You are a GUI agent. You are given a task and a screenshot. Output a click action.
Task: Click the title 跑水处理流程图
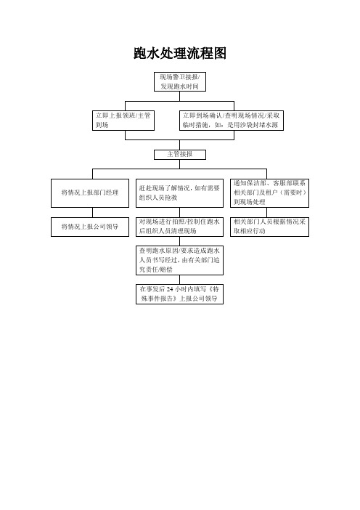pyautogui.click(x=180, y=53)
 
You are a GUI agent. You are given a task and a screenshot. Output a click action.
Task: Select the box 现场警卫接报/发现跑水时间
pyautogui.click(x=180, y=81)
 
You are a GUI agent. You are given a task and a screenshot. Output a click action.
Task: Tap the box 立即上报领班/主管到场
pyautogui.click(x=123, y=121)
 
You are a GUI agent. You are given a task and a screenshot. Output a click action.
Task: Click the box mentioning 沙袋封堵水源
pyautogui.click(x=232, y=121)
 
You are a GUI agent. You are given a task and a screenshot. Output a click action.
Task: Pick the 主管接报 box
pyautogui.click(x=180, y=154)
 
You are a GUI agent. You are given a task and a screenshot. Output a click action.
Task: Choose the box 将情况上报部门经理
pyautogui.click(x=90, y=193)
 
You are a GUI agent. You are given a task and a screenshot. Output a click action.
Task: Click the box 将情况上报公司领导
pyautogui.click(x=90, y=227)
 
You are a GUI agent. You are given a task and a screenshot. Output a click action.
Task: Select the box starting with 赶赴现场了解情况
pyautogui.click(x=180, y=193)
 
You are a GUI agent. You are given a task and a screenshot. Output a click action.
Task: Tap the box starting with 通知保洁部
pyautogui.click(x=269, y=193)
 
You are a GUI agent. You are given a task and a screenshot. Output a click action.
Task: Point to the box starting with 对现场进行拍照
pyautogui.click(x=180, y=227)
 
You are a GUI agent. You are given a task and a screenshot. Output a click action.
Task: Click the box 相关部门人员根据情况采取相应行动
pyautogui.click(x=269, y=227)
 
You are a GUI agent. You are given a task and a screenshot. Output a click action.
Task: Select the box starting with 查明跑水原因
pyautogui.click(x=180, y=260)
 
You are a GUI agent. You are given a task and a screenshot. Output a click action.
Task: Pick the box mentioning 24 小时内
pyautogui.click(x=180, y=294)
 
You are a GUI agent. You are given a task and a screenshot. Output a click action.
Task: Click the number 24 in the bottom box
pyautogui.click(x=170, y=289)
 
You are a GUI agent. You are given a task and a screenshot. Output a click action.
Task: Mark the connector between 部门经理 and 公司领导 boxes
pyautogui.click(x=93, y=212)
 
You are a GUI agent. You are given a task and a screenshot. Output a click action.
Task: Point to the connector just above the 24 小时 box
pyautogui.click(x=180, y=280)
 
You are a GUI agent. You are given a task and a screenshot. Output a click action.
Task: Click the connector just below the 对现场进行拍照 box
pyautogui.click(x=180, y=241)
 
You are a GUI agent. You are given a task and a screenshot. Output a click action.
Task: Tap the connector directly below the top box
pyautogui.click(x=180, y=97)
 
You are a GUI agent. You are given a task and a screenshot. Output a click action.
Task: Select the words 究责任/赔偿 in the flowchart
pyautogui.click(x=155, y=270)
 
